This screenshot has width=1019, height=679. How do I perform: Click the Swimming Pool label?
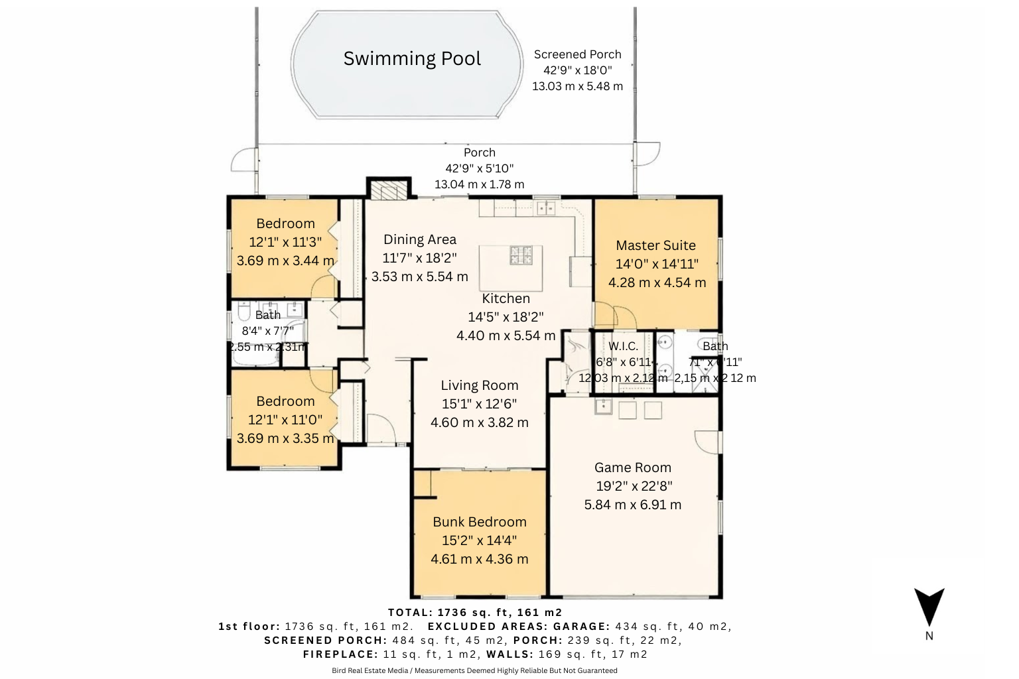click(x=412, y=58)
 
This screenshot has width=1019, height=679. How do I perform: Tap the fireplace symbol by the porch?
click(x=387, y=190)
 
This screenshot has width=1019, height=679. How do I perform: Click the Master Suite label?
click(x=655, y=245)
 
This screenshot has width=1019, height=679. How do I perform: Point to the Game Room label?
click(x=632, y=467)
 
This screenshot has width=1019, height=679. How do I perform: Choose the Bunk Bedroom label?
click(x=479, y=522)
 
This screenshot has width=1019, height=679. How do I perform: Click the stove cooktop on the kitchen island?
click(x=521, y=255)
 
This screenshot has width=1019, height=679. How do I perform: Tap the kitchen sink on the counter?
click(x=546, y=208)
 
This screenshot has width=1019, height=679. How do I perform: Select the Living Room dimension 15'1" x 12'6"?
click(x=479, y=404)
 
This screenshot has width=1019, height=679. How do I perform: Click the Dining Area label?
click(x=420, y=239)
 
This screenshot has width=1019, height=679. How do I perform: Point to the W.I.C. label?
click(x=623, y=346)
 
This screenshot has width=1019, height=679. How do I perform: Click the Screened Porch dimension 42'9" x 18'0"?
click(x=577, y=70)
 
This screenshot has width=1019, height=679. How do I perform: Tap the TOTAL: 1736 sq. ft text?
click(x=474, y=612)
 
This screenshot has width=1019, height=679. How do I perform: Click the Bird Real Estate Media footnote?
click(x=474, y=670)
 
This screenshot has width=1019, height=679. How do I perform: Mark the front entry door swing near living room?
click(x=379, y=428)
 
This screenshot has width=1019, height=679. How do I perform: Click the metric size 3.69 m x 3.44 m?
click(x=285, y=261)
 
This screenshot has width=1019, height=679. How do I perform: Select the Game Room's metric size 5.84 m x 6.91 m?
click(x=632, y=505)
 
